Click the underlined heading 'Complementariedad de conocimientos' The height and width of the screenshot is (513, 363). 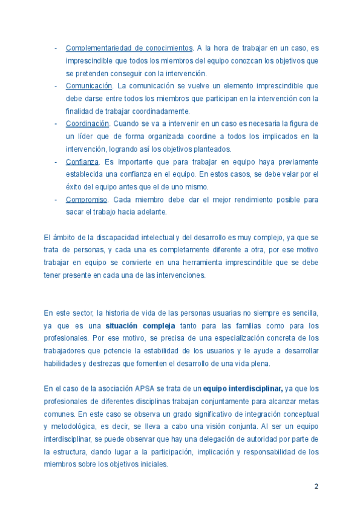click(129, 48)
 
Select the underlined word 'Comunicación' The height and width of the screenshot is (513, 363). click(89, 86)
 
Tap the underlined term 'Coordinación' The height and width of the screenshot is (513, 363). click(87, 123)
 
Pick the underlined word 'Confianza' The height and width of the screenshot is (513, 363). click(82, 162)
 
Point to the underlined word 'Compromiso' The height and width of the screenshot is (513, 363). click(86, 200)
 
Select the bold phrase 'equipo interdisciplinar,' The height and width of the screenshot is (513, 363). click(243, 388)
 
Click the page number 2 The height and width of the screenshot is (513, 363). click(316, 486)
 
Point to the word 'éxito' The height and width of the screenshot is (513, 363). click(74, 187)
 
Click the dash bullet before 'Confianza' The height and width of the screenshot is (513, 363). click(56, 162)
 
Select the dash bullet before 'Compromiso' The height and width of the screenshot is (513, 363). click(56, 200)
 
